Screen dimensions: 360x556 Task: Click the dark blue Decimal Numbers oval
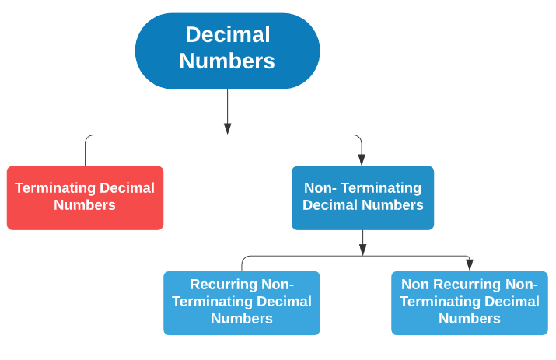click(x=227, y=51)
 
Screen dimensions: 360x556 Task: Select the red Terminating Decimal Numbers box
click(x=85, y=197)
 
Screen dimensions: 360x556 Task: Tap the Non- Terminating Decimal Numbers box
click(x=362, y=197)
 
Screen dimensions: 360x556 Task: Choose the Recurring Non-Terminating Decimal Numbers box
click(x=241, y=302)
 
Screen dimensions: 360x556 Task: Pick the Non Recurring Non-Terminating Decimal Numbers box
click(x=469, y=302)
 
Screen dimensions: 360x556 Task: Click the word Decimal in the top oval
click(x=227, y=35)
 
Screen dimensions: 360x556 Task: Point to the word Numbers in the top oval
click(x=227, y=61)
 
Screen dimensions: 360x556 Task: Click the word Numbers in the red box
click(x=85, y=206)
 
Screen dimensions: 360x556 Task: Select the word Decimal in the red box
click(x=127, y=188)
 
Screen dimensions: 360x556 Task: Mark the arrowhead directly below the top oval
click(x=227, y=128)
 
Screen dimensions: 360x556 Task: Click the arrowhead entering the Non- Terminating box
click(x=362, y=159)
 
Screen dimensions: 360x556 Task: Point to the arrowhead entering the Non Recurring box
click(x=470, y=265)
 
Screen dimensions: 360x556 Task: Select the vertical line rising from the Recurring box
click(x=242, y=264)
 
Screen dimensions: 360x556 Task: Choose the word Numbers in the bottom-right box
click(x=469, y=319)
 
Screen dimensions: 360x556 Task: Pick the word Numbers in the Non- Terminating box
click(x=393, y=206)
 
